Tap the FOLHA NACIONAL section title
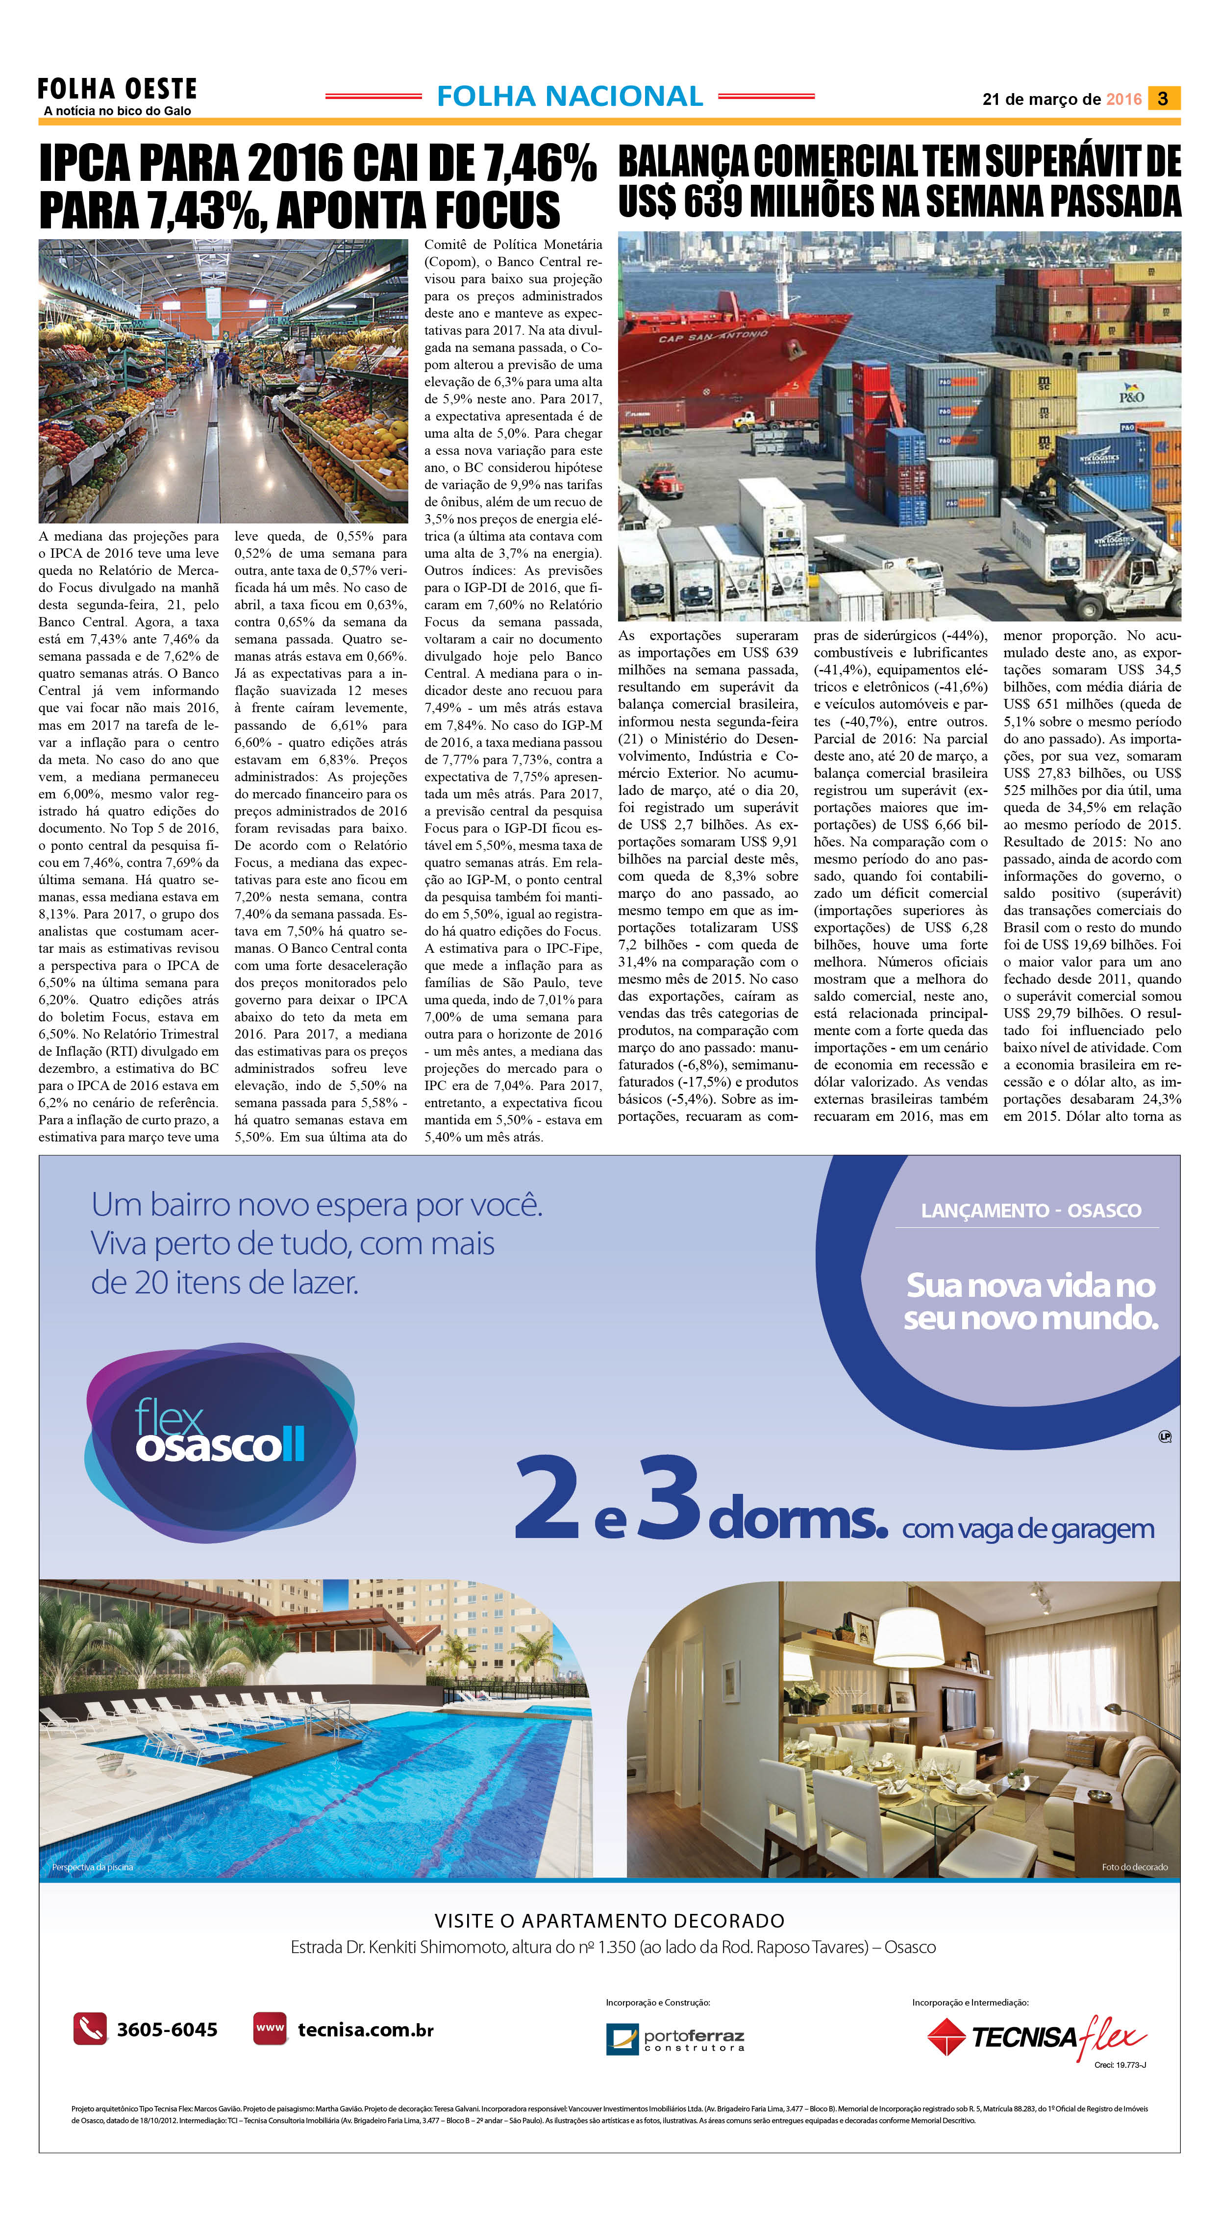tap(570, 96)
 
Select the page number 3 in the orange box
tap(1163, 99)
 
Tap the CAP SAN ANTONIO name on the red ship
tap(713, 336)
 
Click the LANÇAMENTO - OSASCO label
tap(1030, 1211)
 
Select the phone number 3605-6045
tap(167, 2029)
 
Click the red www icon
tap(269, 2029)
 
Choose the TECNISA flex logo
tap(1037, 2035)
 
